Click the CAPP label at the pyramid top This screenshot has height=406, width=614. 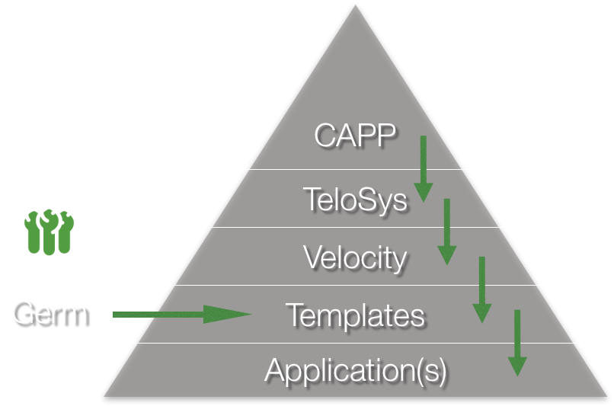(x=355, y=136)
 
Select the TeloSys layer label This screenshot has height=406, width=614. (x=355, y=199)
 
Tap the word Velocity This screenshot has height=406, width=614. (x=355, y=257)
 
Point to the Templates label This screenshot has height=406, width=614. (x=355, y=315)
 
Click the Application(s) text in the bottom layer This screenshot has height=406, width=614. (x=355, y=371)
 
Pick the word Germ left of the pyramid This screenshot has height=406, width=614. (x=49, y=313)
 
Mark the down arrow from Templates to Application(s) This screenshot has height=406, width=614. (x=517, y=343)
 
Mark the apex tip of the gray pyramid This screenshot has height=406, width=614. (x=355, y=7)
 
